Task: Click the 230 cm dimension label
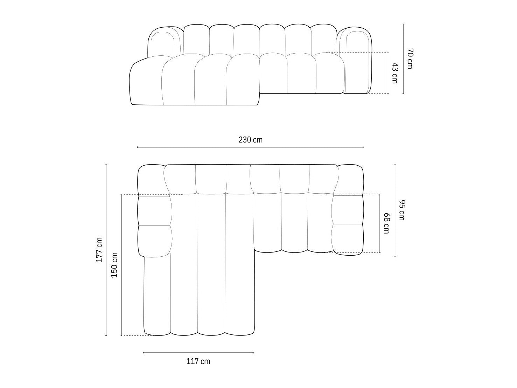[x=250, y=140]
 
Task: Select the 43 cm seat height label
[x=394, y=73]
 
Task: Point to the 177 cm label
[x=99, y=250]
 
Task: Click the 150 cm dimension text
[x=114, y=265]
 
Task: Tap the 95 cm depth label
[x=401, y=210]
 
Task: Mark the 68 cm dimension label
[x=386, y=223]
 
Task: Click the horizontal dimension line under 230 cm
[x=250, y=147]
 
